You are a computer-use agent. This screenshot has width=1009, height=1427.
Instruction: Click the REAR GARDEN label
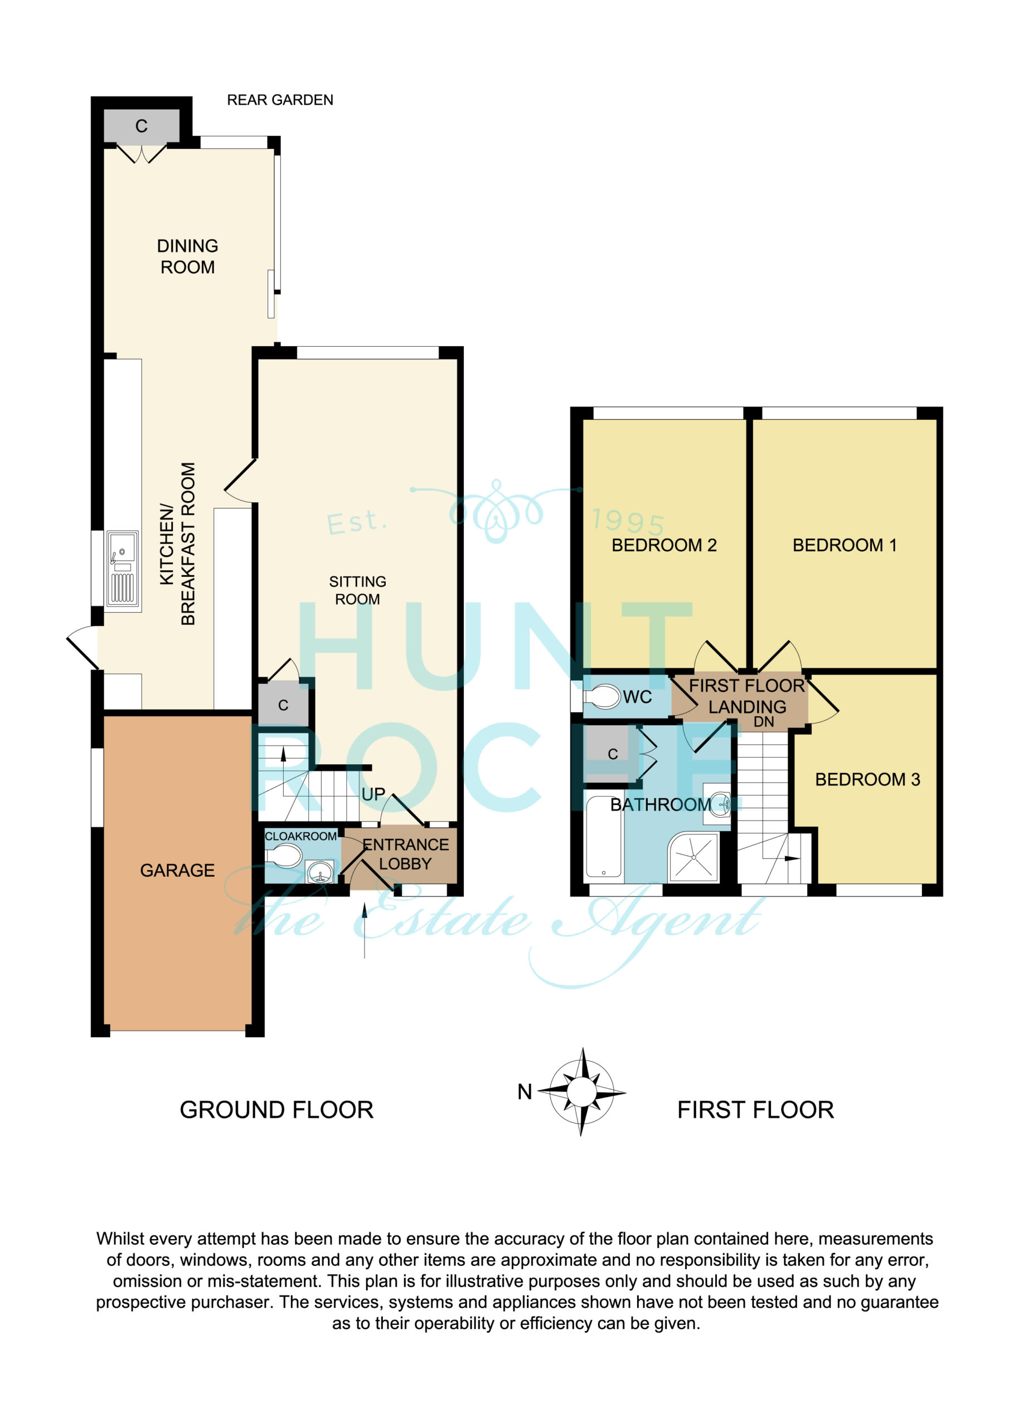[x=280, y=100]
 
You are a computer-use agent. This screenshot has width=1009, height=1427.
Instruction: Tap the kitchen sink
[x=123, y=568]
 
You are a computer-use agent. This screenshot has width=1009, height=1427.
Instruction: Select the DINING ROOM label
[x=188, y=256]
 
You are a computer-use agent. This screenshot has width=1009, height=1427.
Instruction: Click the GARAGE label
[x=177, y=870]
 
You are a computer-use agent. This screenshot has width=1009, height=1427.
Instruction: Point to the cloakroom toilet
[x=284, y=856]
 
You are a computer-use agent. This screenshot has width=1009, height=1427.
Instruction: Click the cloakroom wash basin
[x=320, y=871]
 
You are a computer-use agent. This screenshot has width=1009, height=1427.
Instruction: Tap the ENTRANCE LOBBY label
[x=405, y=854]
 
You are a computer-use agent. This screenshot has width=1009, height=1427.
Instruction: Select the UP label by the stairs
[x=373, y=794]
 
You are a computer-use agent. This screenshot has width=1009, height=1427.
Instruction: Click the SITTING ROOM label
[x=357, y=590]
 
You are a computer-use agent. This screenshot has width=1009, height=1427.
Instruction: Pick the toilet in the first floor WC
[x=603, y=697]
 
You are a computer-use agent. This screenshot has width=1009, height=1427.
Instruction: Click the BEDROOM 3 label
[x=867, y=779]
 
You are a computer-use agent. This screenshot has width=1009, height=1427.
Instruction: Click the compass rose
[x=582, y=1091]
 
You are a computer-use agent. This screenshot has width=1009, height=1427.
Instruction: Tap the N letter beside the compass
[x=525, y=1092]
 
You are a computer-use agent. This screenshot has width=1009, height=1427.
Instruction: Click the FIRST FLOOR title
[x=755, y=1110]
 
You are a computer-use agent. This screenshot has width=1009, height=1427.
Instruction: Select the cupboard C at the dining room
[x=142, y=126]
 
